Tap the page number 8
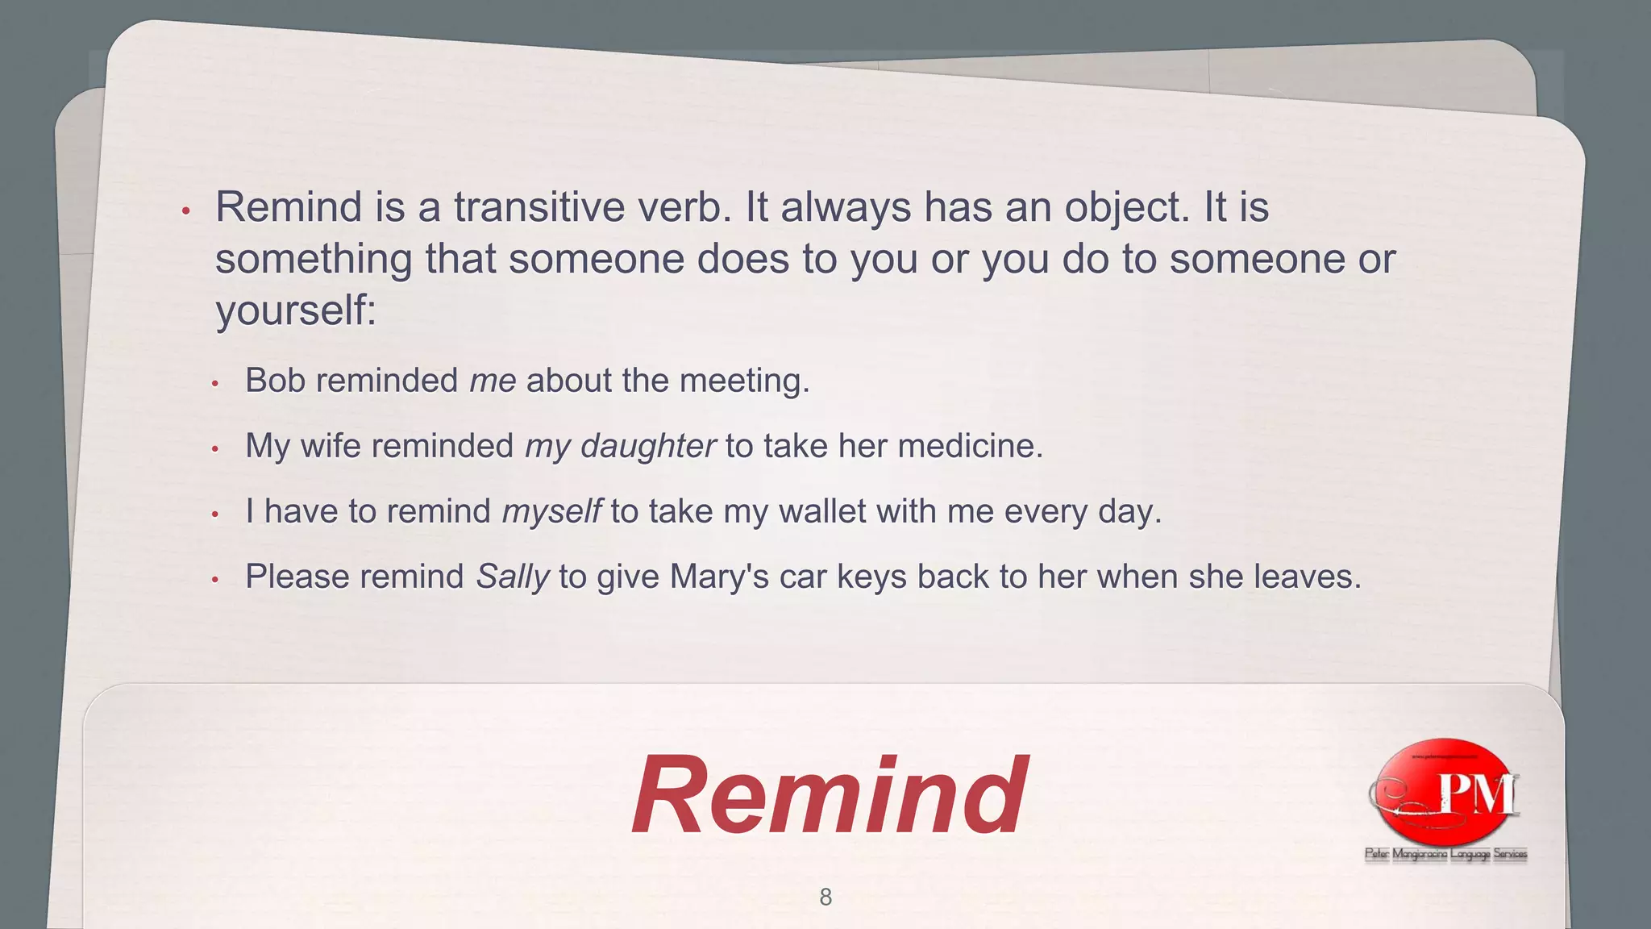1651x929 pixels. pos(825,897)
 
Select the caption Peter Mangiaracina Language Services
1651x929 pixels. pos(1445,854)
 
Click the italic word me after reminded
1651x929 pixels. pos(493,381)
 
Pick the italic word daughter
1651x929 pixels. pos(647,447)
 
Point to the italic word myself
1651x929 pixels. pos(551,512)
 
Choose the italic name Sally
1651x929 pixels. pos(512,577)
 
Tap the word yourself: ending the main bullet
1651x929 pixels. pos(296,310)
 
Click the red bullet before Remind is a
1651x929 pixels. pos(185,211)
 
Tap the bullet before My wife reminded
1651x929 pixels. pos(215,448)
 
